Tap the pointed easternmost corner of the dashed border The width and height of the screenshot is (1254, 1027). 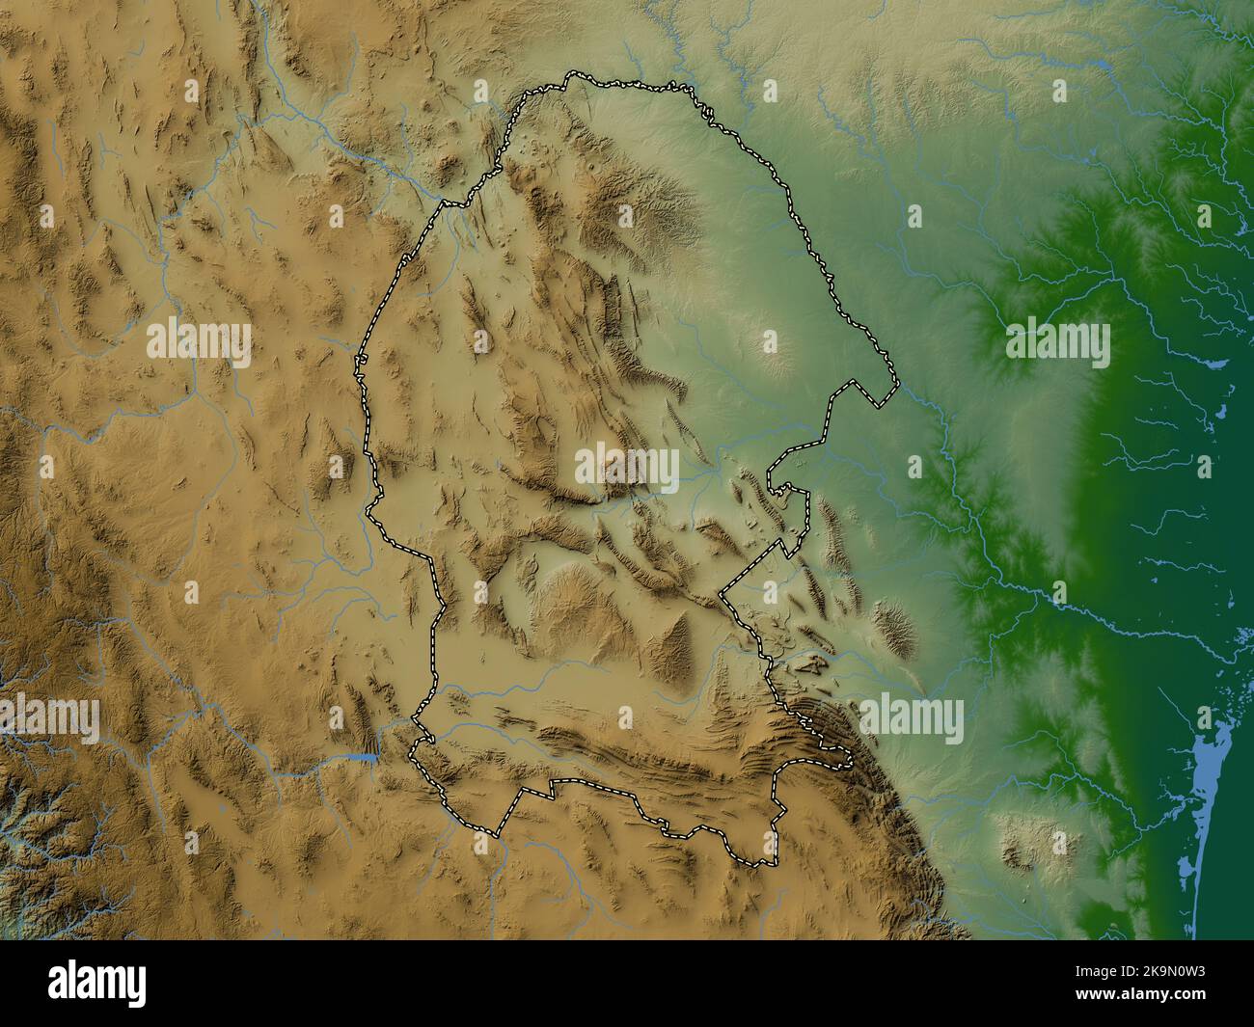coord(896,389)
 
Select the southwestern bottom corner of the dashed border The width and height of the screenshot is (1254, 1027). coord(498,835)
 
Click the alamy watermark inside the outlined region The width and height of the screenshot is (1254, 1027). coord(627,466)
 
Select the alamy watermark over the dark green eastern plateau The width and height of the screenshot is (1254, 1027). coord(1057,342)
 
